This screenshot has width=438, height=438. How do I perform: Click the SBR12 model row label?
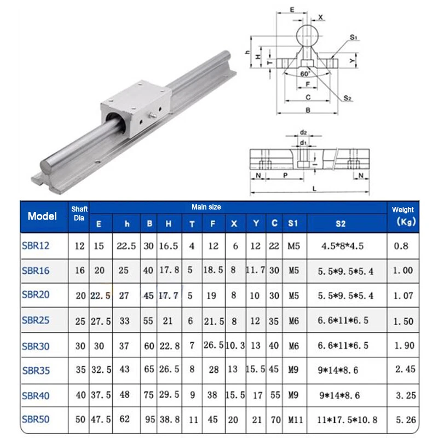pos(36,246)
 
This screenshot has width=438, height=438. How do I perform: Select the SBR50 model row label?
pos(36,420)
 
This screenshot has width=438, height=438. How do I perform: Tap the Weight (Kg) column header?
pos(402,216)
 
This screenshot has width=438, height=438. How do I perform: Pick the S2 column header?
pos(340,223)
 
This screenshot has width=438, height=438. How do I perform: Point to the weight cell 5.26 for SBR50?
pos(404,420)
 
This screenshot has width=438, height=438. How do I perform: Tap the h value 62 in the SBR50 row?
pos(125,420)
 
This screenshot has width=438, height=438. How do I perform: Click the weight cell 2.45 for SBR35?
pos(404,370)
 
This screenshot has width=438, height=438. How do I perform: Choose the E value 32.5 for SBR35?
pos(101,370)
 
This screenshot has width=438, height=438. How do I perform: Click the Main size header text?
pos(206,207)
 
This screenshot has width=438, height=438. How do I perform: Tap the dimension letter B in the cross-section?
pos(308,109)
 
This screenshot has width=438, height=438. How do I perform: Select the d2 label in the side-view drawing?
pos(303,132)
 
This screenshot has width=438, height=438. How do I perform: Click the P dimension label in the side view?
pos(285,176)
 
